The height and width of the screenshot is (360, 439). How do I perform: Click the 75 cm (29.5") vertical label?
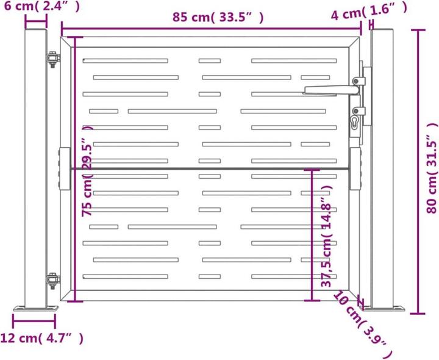point(87,171)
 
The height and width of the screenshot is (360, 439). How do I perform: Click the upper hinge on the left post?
point(53,60)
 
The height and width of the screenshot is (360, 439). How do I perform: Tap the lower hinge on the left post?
point(53,280)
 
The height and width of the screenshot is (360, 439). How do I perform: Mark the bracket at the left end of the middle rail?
point(64,169)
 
